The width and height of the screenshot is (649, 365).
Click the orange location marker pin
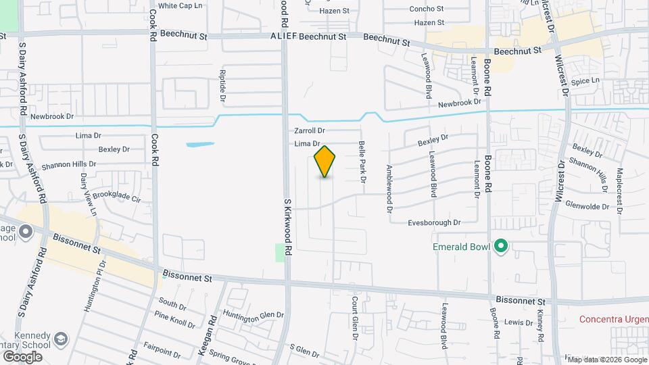[325, 162]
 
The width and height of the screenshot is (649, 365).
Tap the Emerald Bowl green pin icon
[501, 246]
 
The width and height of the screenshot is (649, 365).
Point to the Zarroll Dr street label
[310, 130]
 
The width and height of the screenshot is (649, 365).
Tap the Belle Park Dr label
[362, 161]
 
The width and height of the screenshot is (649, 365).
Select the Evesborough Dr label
[434, 222]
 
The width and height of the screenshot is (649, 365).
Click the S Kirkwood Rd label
[287, 226]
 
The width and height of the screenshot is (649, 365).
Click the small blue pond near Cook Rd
[200, 144]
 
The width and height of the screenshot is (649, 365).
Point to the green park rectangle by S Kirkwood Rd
[281, 253]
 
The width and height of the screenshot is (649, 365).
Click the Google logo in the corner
[22, 356]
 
